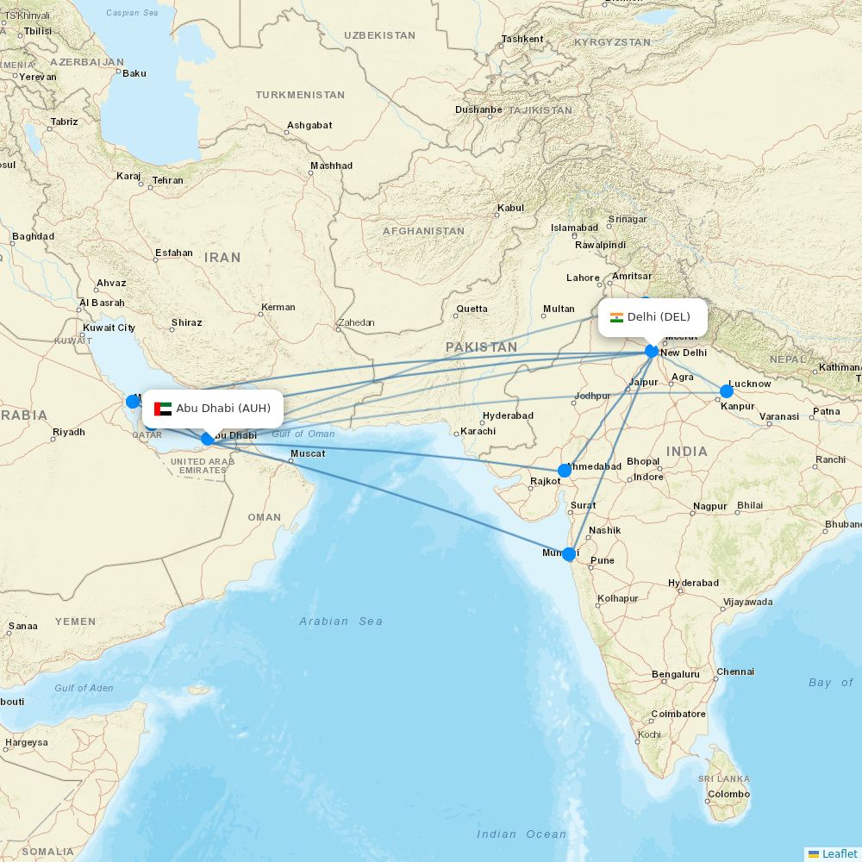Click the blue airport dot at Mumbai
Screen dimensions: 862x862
[569, 554]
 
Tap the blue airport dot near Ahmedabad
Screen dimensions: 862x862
[565, 471]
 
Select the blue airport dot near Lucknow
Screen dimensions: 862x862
[727, 391]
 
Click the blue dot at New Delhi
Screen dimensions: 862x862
[652, 351]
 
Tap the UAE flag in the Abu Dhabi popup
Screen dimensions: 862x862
[163, 409]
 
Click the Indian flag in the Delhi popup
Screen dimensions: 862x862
[616, 317]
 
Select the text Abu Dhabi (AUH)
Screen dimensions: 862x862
[223, 409]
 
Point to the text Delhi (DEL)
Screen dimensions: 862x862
[659, 317]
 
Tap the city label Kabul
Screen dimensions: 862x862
[510, 209]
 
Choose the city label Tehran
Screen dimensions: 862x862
[167, 181]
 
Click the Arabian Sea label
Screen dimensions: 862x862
[340, 621]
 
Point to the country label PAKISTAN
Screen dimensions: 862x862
[481, 347]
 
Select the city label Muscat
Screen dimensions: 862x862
[308, 454]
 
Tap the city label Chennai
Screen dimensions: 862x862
[735, 672]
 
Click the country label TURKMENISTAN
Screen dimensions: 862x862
[300, 95]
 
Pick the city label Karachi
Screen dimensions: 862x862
[478, 431]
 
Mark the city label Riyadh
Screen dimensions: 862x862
[69, 433]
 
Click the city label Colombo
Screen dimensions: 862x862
[728, 795]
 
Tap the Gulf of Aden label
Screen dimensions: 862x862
[84, 688]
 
